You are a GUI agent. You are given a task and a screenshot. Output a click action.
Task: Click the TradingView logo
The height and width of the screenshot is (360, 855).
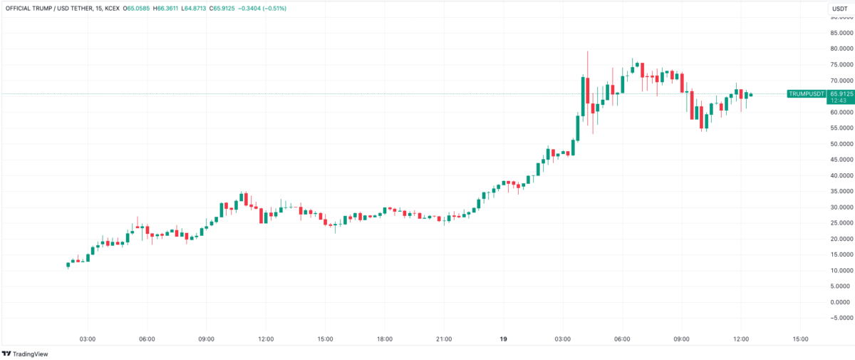coord(22,354)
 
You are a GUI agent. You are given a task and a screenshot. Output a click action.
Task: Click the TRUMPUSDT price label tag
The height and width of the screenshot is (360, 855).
coord(806,94)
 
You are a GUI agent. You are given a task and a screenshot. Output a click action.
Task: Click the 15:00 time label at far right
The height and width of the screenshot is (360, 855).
coord(800,339)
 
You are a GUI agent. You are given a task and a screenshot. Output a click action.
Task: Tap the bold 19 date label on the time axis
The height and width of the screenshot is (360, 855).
coord(503,339)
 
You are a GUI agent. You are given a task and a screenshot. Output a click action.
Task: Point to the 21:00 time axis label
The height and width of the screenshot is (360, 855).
coord(443,339)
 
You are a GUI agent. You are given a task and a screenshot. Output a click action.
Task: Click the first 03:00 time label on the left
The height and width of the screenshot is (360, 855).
coord(88,339)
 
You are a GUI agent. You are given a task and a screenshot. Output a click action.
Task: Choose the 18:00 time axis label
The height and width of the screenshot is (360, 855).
coord(384,339)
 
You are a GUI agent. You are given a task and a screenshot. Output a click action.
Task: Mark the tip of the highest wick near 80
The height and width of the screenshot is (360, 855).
coord(588,51)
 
